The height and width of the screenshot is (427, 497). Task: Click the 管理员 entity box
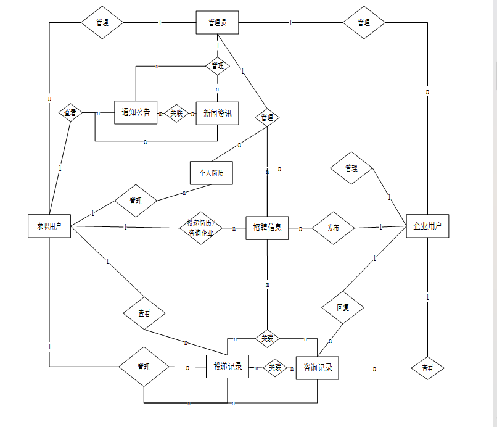click(217, 23)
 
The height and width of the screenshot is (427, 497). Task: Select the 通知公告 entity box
click(136, 112)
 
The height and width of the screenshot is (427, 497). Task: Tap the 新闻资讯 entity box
click(217, 114)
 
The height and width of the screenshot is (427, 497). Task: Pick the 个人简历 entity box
click(212, 173)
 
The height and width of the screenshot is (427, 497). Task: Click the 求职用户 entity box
click(49, 226)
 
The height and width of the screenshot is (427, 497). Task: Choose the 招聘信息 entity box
click(267, 228)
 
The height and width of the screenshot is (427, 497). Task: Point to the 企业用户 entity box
click(427, 226)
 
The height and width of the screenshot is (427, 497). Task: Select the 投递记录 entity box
click(227, 367)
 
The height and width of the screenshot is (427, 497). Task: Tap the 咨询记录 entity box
click(317, 368)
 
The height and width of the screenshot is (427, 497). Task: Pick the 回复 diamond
click(342, 307)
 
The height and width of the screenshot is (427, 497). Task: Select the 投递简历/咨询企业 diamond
click(200, 228)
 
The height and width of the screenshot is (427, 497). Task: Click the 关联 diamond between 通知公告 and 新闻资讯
click(176, 114)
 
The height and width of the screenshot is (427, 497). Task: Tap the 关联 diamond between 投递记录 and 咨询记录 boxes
click(275, 368)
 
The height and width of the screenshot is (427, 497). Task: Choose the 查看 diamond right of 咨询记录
click(427, 368)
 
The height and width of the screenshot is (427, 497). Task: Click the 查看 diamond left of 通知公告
click(71, 113)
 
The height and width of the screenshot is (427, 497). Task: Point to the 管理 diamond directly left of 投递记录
click(144, 367)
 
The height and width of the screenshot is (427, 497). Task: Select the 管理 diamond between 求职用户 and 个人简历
click(136, 201)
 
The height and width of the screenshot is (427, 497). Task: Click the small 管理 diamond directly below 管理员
click(217, 65)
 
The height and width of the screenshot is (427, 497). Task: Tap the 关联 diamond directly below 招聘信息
click(267, 338)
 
